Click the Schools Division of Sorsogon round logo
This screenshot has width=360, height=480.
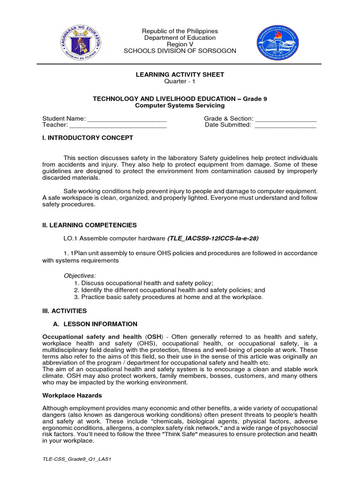(x=277, y=44)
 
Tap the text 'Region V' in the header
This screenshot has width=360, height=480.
(x=180, y=44)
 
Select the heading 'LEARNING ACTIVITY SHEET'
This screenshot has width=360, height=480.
(x=180, y=75)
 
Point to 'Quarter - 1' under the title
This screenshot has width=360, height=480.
(x=180, y=81)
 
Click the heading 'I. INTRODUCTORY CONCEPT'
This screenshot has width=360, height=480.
(x=88, y=138)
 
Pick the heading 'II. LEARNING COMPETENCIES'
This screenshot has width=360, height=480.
(x=90, y=225)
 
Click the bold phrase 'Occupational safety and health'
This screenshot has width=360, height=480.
(x=92, y=337)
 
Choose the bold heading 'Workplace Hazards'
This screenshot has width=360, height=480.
(x=72, y=395)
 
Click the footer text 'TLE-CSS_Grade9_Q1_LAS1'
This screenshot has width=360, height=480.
(x=76, y=459)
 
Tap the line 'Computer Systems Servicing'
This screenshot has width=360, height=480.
(x=180, y=105)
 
